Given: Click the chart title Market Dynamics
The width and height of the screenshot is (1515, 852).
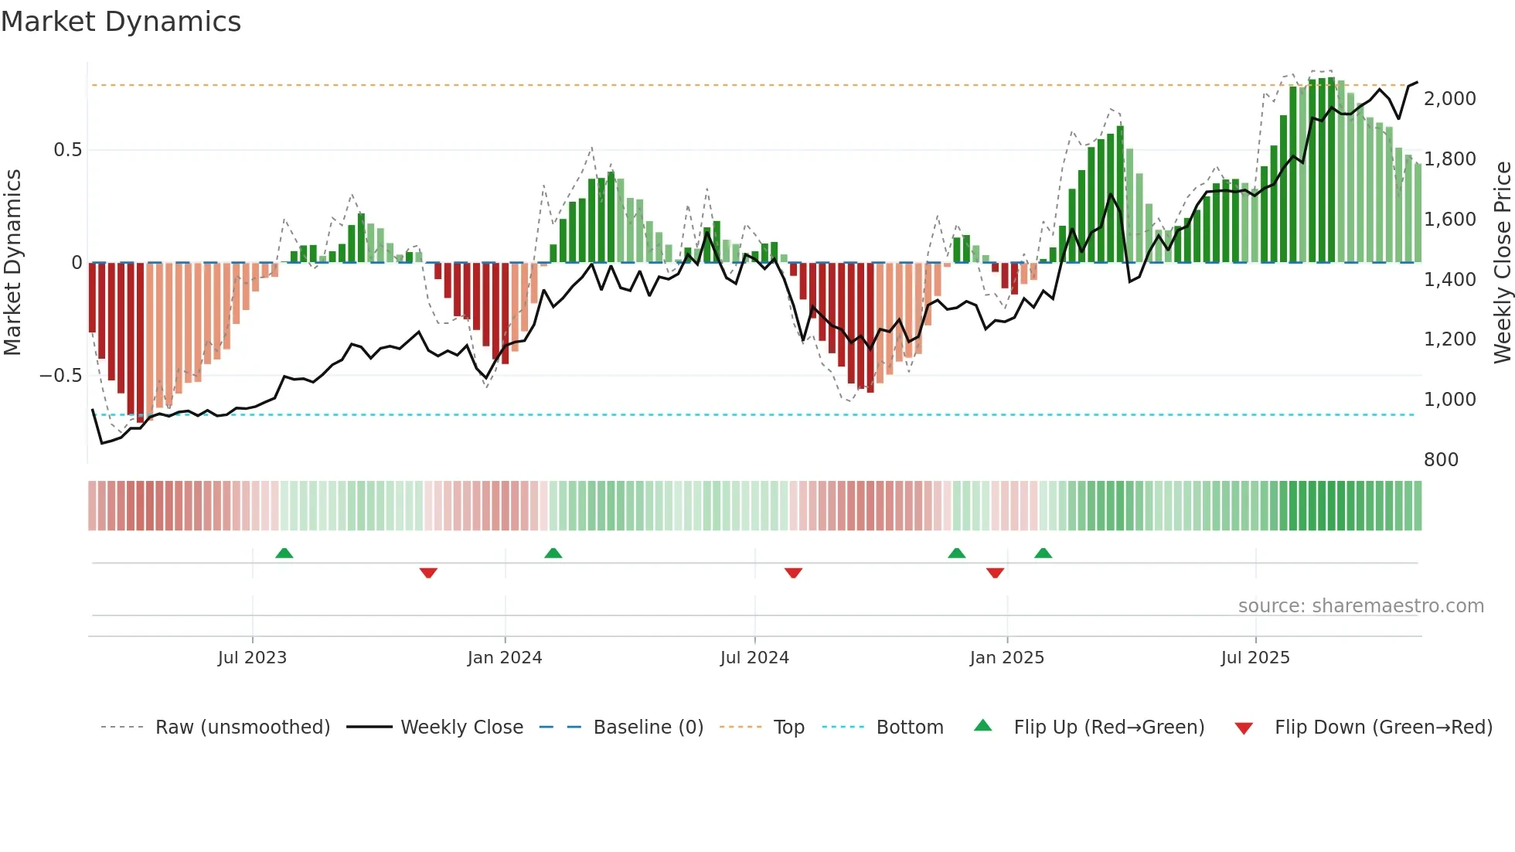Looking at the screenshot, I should pos(121,22).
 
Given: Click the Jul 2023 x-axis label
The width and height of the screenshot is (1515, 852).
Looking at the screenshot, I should pos(252,658).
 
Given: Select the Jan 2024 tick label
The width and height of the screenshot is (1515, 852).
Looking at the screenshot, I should pos(505,658).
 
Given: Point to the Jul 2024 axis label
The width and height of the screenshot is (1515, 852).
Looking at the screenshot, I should pos(754,658).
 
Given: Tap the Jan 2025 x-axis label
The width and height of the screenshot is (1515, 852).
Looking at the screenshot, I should pos(1006,658).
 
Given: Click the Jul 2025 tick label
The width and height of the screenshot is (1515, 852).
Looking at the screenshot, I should pos(1255,658).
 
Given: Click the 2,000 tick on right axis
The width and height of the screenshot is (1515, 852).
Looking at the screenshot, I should pos(1449,99).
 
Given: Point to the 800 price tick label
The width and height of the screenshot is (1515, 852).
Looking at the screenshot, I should pos(1441,460).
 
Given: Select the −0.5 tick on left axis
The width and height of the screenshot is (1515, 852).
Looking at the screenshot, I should pos(60,376).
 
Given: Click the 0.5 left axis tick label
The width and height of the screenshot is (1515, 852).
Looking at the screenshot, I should pos(67,150).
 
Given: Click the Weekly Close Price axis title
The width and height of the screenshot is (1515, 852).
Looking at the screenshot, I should pos(1502,263).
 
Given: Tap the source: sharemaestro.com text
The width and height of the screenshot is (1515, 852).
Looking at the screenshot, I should pos(1360,606).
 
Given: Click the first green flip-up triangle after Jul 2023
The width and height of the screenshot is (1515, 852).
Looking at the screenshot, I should pos(284,554).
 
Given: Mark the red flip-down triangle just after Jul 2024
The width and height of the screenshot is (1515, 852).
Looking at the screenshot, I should pos(793,572).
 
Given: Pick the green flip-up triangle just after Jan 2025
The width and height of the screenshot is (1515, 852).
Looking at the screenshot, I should pos(1043,554).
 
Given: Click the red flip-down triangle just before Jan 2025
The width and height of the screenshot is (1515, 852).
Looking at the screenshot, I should pos(995,572).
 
